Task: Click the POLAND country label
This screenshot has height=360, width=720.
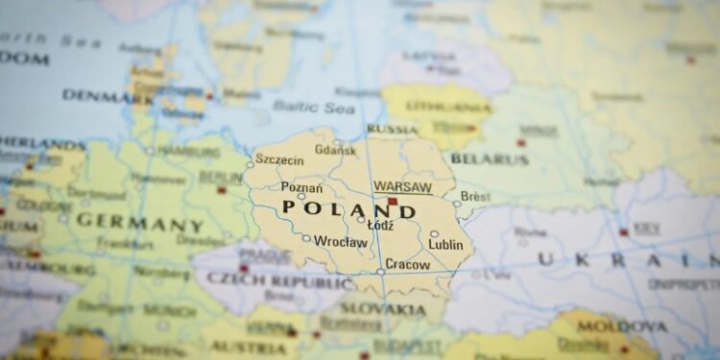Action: [x=348, y=210]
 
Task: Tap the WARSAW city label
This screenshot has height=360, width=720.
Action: [x=402, y=186]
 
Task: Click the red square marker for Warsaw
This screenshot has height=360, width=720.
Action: [x=392, y=202]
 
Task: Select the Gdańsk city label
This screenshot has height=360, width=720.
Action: [x=335, y=150]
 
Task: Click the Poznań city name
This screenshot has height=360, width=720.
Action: [x=301, y=187]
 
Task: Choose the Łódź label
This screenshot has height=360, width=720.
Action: [x=380, y=225]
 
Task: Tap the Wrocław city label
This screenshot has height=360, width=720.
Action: [x=340, y=242]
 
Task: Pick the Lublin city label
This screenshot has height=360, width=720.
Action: [x=445, y=245]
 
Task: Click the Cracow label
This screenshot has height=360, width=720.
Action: [x=407, y=264]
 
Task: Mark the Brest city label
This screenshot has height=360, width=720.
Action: [x=475, y=196]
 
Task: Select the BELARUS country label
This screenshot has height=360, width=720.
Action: [x=489, y=158]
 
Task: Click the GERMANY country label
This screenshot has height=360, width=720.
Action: [x=140, y=222]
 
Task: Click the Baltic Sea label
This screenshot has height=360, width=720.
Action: [x=313, y=107]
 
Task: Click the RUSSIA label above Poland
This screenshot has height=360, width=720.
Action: [x=392, y=129]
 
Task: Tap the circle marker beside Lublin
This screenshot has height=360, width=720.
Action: [x=434, y=233]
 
